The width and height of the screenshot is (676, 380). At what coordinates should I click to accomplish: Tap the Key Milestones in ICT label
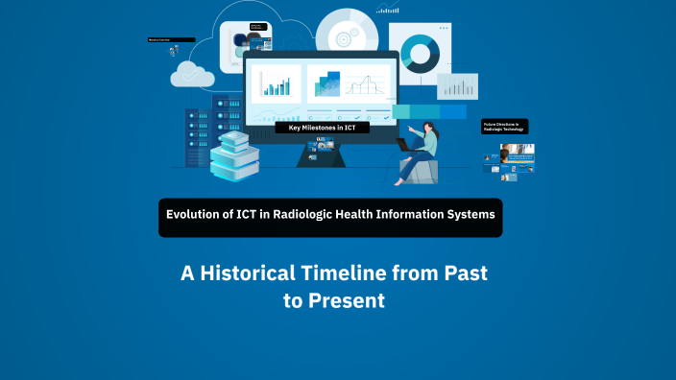pos(322,127)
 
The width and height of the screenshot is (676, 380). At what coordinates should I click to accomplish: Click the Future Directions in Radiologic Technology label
pos(504,126)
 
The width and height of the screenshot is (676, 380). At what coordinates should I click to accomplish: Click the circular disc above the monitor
pos(343,36)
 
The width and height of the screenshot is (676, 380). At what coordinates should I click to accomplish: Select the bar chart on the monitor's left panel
pos(277,84)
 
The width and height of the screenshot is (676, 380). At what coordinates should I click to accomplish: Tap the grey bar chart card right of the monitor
pos(457,86)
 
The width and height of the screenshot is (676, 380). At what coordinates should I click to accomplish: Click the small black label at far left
pos(171,39)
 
